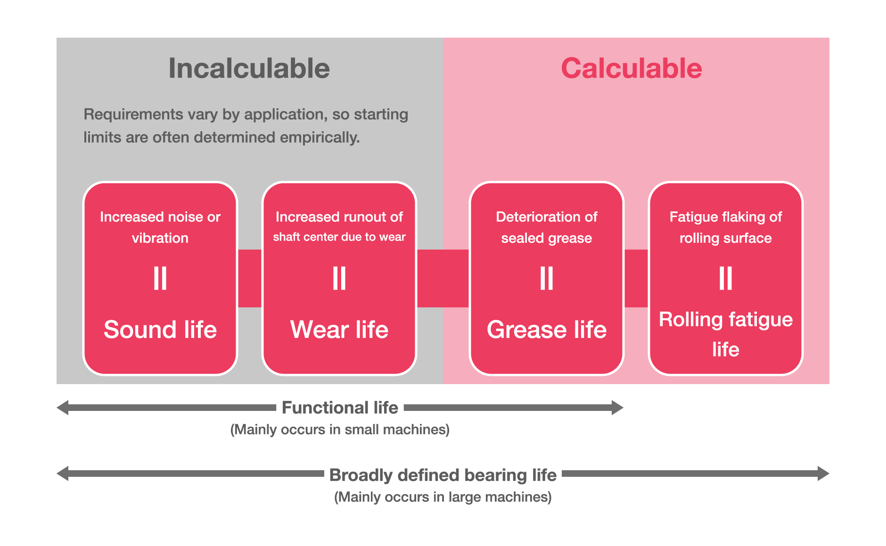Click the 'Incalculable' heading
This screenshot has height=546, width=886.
249,69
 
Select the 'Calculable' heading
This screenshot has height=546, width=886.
631,69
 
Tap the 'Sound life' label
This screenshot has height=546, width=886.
160,329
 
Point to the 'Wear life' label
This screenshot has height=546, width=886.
339,329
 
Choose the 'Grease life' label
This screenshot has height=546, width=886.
547,329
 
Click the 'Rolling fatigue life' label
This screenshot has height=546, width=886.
726,334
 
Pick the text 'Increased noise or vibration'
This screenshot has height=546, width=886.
160,227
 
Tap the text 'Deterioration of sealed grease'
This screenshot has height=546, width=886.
547,227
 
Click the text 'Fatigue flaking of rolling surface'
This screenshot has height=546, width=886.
726,227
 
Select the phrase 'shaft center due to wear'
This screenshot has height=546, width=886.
339,237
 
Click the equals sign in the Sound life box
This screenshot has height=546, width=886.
160,278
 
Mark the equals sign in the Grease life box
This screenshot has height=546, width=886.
547,278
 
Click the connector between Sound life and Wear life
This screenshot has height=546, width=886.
250,278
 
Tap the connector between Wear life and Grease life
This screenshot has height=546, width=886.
443,278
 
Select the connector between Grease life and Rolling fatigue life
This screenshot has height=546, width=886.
636,278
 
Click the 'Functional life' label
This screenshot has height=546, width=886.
340,408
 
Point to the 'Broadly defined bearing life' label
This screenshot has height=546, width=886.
443,475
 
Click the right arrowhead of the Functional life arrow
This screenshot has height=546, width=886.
617,408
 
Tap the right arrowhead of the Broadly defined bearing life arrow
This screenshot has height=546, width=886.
823,474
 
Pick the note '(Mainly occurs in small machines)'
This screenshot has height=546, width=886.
340,430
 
